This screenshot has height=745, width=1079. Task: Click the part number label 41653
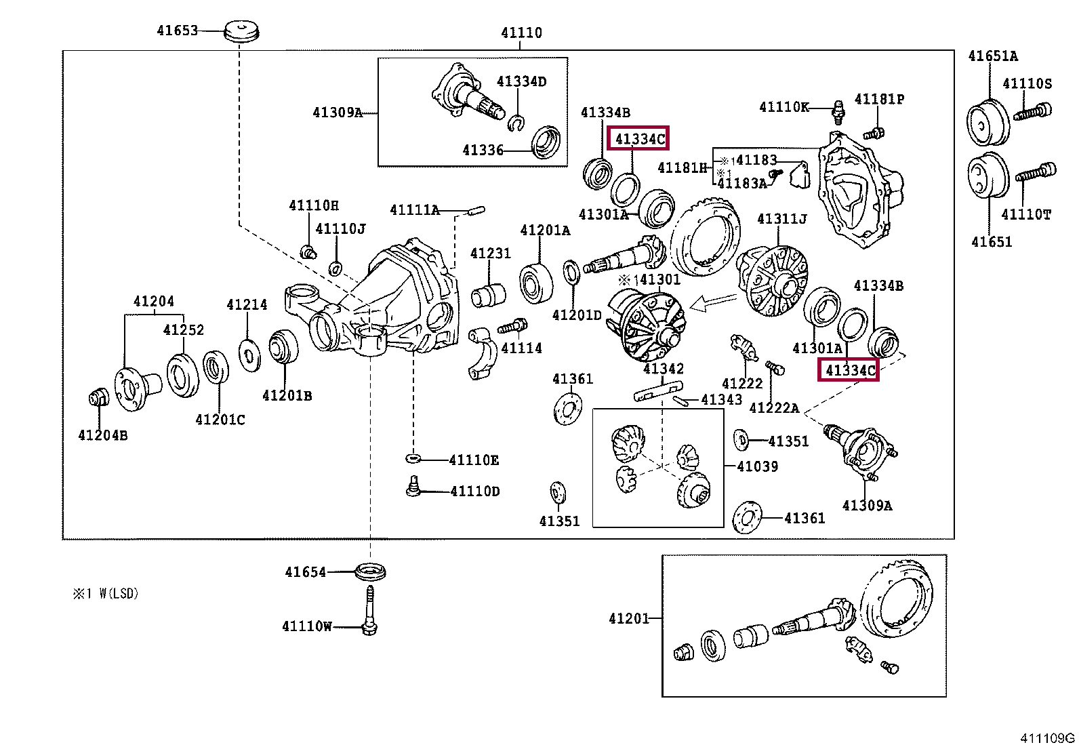click(178, 31)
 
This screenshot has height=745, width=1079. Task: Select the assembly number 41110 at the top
click(521, 33)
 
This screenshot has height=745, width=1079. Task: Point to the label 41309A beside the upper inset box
click(338, 113)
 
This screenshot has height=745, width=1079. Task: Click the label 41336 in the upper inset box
click(483, 150)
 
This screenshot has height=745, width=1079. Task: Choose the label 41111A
click(414, 210)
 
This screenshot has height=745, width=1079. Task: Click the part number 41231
click(491, 253)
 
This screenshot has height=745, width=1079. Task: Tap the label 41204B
click(102, 435)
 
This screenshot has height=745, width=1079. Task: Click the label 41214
click(247, 304)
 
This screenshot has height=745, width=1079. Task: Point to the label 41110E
click(474, 460)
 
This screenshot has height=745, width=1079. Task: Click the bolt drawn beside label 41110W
click(369, 611)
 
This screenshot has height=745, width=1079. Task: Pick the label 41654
click(306, 572)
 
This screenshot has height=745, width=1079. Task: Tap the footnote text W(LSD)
click(119, 594)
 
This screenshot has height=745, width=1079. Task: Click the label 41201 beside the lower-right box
click(629, 618)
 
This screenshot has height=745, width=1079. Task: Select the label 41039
click(757, 466)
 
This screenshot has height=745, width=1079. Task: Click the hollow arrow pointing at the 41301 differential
click(714, 302)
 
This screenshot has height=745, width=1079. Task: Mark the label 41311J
click(781, 219)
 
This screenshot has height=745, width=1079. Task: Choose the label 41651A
click(993, 56)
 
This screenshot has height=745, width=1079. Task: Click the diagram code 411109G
click(1047, 738)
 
